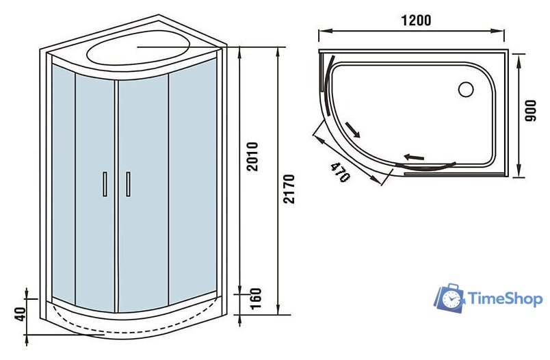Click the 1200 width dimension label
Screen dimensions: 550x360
click(416, 21)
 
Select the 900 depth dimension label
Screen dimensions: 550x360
click(530, 110)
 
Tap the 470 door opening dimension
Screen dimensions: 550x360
click(339, 172)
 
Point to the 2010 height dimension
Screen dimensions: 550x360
click(252, 157)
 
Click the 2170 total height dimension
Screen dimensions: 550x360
click(289, 189)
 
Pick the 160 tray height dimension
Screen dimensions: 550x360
click(256, 298)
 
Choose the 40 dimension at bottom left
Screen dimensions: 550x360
click(21, 314)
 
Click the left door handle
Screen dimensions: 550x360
click(105, 184)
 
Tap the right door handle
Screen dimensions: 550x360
click(128, 184)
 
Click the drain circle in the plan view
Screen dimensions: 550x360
click(466, 89)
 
